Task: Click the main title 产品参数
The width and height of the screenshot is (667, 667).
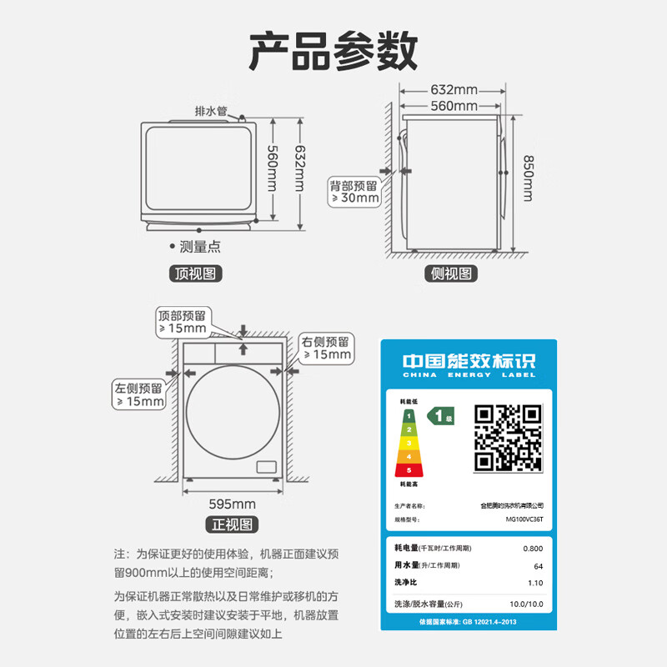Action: (x=333, y=53)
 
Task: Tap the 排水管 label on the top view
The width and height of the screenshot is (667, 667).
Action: (x=210, y=111)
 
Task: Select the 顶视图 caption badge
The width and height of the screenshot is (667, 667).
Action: (x=197, y=273)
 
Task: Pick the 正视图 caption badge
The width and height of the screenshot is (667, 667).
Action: (x=232, y=524)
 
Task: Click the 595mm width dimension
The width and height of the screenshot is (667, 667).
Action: (x=232, y=504)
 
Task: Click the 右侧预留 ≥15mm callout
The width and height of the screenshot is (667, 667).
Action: (x=327, y=349)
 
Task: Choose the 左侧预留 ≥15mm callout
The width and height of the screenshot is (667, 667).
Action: (x=140, y=394)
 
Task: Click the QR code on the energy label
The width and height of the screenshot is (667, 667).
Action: (x=508, y=438)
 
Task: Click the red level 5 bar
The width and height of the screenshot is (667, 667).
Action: (x=409, y=470)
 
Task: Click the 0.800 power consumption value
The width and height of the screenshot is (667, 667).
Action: (x=532, y=548)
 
